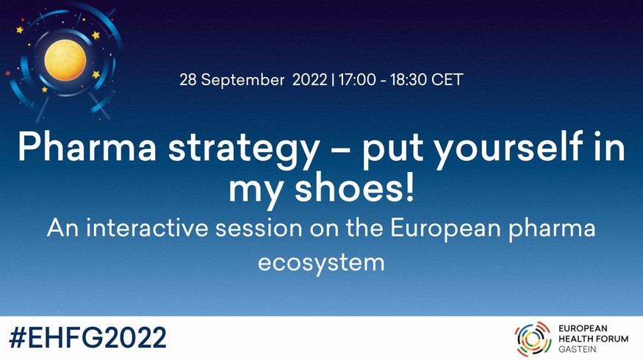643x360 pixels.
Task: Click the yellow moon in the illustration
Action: [x=65, y=60]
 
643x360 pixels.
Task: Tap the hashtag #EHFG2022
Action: [x=87, y=338]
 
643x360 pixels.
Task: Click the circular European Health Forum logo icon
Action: [x=533, y=339]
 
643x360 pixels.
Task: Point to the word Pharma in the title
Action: [x=87, y=148]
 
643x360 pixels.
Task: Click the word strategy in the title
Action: [x=243, y=150]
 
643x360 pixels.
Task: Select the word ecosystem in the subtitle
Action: [x=321, y=263]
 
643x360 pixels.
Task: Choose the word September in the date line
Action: [x=243, y=80]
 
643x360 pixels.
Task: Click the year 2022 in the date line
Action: [x=309, y=79]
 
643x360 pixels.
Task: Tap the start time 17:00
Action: [x=357, y=79]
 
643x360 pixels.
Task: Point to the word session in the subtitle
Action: [x=259, y=228]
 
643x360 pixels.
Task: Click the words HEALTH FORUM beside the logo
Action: [x=593, y=339]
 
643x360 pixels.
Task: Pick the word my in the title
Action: [x=256, y=192]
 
